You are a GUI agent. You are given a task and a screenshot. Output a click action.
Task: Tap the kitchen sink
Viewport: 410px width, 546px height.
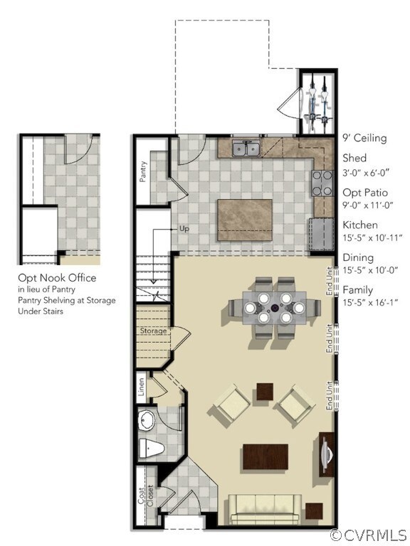click(x=247, y=148)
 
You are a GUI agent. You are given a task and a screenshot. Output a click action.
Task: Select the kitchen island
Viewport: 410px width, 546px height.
click(x=244, y=221)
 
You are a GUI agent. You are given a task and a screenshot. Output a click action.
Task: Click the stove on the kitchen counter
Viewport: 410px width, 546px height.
click(x=322, y=183)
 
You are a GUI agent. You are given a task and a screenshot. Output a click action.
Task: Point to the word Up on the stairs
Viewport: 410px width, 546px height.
click(x=184, y=230)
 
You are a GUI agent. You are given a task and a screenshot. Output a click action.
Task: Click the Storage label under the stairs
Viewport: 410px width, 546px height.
click(x=154, y=331)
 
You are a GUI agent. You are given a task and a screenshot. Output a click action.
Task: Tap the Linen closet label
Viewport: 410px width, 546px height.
click(x=142, y=388)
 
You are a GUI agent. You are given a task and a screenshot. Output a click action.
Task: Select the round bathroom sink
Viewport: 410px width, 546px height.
click(x=147, y=421)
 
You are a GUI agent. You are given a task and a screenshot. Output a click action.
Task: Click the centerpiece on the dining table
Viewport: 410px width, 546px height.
click(x=274, y=308)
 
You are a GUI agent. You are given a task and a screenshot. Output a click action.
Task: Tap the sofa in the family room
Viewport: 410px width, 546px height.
click(x=265, y=508)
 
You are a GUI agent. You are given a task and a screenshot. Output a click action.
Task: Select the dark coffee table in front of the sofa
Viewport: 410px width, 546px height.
click(x=266, y=456)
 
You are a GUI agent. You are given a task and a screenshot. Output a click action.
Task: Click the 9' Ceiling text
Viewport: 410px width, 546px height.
click(x=364, y=138)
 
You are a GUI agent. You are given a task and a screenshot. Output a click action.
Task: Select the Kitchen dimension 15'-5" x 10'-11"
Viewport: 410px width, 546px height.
click(x=373, y=237)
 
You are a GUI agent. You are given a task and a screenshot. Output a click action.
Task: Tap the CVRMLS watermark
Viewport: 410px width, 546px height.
click(x=369, y=535)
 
